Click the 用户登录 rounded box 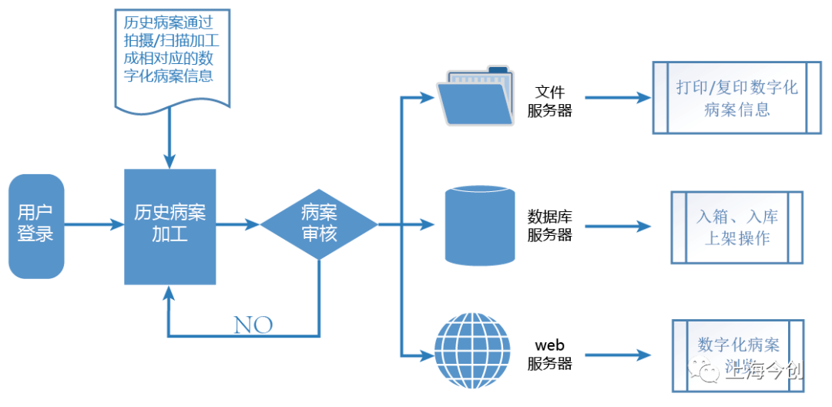pyautogui.click(x=36, y=225)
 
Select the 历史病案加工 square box pyautogui.click(x=170, y=226)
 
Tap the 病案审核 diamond pyautogui.click(x=319, y=224)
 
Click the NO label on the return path pyautogui.click(x=253, y=325)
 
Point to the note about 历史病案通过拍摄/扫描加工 pyautogui.click(x=172, y=59)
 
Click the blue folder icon pyautogui.click(x=475, y=97)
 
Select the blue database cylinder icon pyautogui.click(x=480, y=226)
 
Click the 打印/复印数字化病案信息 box pyautogui.click(x=736, y=98)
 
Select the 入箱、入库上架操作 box pyautogui.click(x=736, y=227)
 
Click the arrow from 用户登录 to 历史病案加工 pyautogui.click(x=94, y=225)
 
